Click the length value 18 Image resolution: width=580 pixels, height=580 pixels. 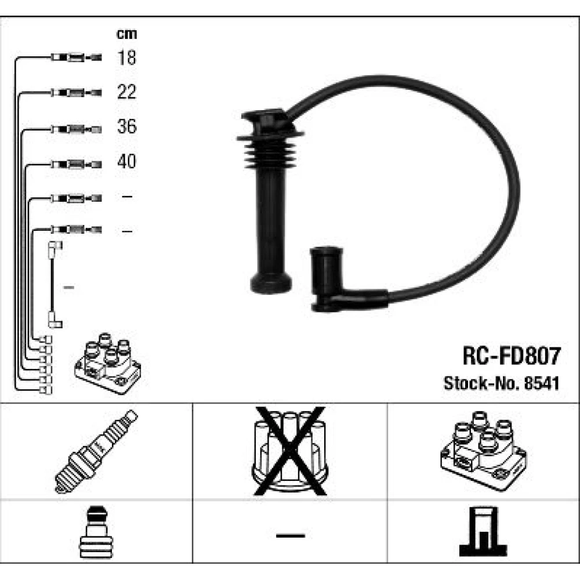pyautogui.click(x=126, y=57)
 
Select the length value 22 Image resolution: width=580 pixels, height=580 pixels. pyautogui.click(x=126, y=92)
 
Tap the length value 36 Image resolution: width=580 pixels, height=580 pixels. pyautogui.click(x=126, y=126)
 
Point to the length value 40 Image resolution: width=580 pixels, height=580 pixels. pyautogui.click(x=126, y=161)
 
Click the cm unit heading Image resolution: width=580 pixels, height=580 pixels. pyautogui.click(x=126, y=34)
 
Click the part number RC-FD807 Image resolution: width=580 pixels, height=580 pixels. pyautogui.click(x=512, y=356)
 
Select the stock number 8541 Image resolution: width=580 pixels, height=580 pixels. pyautogui.click(x=542, y=383)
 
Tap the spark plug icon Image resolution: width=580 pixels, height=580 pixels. pyautogui.click(x=96, y=452)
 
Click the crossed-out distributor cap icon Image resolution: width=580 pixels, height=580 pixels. pyautogui.click(x=289, y=451)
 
